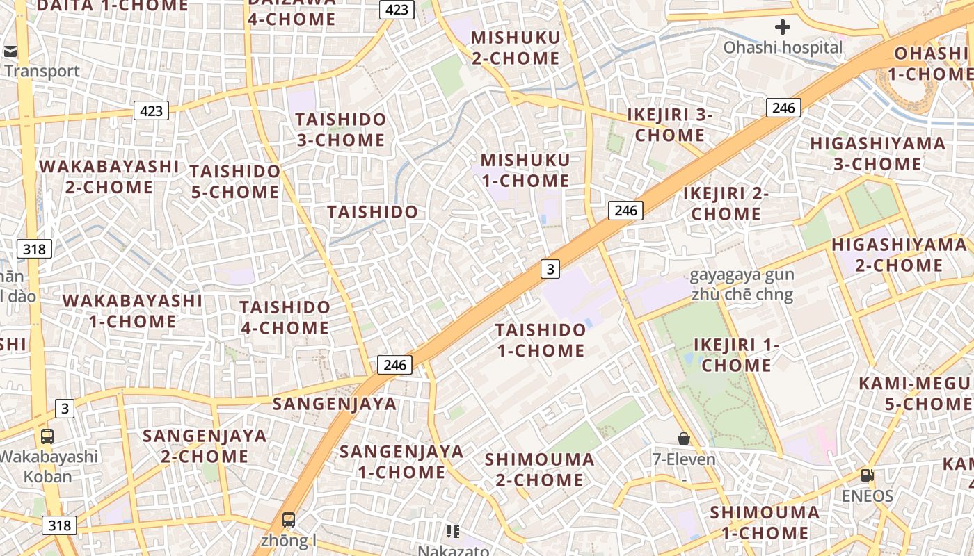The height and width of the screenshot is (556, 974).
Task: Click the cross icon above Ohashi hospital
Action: (x=783, y=27)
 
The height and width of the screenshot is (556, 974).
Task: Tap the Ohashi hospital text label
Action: (x=783, y=48)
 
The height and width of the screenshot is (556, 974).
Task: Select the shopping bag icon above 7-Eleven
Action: (x=684, y=439)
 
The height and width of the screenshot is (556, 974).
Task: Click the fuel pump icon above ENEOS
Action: (x=867, y=475)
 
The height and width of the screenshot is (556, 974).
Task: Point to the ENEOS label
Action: (x=867, y=496)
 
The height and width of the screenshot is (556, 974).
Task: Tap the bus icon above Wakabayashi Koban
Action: (x=47, y=436)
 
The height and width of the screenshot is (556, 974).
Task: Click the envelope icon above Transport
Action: (x=10, y=51)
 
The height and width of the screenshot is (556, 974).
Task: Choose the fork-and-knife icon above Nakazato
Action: (x=453, y=532)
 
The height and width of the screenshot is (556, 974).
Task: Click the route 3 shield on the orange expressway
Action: (x=550, y=269)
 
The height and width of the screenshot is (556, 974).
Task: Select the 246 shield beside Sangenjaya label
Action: (x=394, y=364)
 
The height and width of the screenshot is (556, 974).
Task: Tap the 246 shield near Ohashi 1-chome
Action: (x=783, y=108)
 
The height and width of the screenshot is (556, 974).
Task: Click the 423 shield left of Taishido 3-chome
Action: (x=151, y=111)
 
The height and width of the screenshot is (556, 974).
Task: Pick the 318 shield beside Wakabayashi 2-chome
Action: (x=34, y=249)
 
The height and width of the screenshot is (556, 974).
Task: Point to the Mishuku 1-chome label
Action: (x=525, y=170)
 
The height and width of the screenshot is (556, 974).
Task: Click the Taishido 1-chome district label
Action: (x=541, y=340)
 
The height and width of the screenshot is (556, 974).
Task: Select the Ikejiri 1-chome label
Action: (x=736, y=354)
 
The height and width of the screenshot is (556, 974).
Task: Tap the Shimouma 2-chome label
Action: (x=539, y=469)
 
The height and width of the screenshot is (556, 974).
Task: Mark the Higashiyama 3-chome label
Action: (x=877, y=154)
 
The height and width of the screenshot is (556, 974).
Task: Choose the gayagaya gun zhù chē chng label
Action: (x=742, y=284)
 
